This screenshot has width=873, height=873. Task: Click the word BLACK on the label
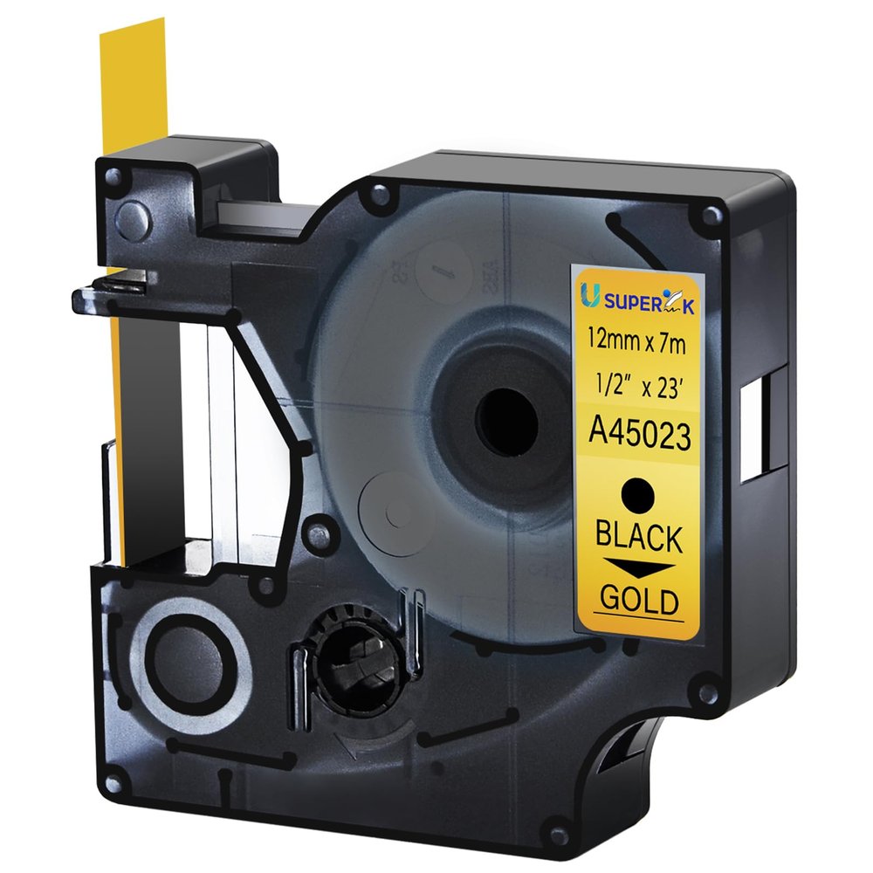(639, 537)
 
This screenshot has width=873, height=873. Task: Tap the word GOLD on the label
(640, 600)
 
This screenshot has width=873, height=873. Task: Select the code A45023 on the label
(639, 435)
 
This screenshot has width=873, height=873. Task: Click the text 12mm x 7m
(640, 341)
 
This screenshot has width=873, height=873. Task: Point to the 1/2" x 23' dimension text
(640, 387)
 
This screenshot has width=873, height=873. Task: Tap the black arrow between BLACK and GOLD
(640, 569)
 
